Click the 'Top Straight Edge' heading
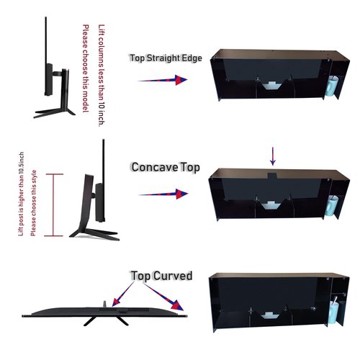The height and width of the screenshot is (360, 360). coord(166,58)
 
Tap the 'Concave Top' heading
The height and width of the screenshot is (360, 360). coord(166,167)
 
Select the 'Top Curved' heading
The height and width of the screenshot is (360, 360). coord(161,276)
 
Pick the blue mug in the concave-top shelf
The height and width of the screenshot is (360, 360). coord(331,206)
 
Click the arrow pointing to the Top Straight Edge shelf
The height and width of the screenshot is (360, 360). coord(163,80)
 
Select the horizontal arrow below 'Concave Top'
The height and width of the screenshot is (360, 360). coord(163,194)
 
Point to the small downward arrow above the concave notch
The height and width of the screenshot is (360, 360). coord(273,156)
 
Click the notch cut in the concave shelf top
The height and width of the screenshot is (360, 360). coord(272,175)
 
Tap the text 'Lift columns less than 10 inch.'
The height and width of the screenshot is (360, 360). coord(102,76)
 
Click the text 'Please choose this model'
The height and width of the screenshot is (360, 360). coord(86,68)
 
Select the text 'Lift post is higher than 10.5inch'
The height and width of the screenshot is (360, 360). coord(22,194)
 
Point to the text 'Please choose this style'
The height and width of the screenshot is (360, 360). coord(34,203)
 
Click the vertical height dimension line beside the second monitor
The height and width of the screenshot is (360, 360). coord(55,205)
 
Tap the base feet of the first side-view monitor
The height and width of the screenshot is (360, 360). coord(55,113)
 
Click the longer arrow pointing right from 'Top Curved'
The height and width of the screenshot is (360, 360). coord(163,297)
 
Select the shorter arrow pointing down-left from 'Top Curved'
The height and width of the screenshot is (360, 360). coord(123,294)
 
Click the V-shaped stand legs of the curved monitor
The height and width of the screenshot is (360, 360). coord(106,321)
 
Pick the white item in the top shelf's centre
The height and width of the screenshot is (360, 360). coord(271,86)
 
